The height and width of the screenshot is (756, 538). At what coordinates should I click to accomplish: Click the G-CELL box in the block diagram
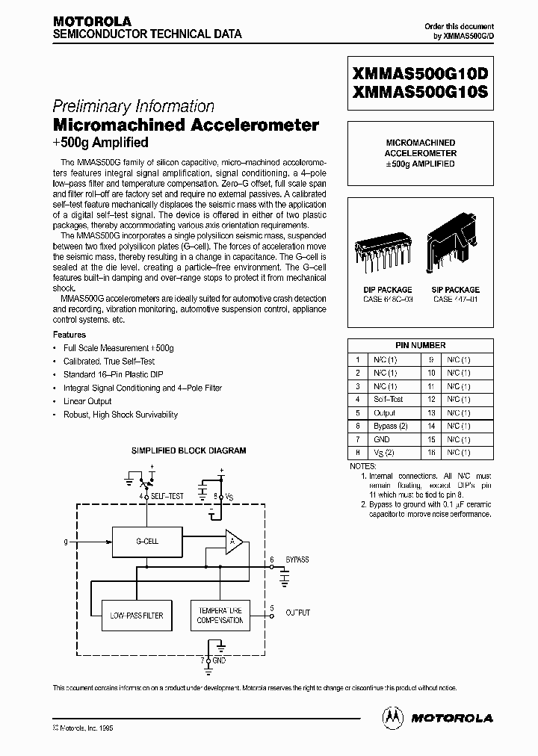146,541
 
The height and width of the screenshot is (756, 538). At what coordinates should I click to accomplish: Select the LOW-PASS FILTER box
137,615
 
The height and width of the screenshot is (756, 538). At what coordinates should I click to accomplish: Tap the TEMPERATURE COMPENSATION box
220,615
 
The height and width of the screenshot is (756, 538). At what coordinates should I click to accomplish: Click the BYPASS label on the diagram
297,560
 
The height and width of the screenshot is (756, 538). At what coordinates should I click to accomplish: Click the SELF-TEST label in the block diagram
168,496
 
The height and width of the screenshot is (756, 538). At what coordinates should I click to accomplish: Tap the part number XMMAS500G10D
420,75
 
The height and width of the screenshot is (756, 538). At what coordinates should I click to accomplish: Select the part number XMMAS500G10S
420,93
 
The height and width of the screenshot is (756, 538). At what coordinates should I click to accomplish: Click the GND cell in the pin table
382,439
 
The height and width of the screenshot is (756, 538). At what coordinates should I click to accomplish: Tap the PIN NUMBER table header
420,345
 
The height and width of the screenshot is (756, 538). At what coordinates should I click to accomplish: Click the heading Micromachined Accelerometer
186,125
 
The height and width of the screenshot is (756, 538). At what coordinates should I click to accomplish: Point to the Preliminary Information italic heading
134,106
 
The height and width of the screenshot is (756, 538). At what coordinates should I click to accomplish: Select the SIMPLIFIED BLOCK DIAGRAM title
188,450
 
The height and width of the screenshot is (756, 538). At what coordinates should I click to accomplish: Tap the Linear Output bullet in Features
87,401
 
